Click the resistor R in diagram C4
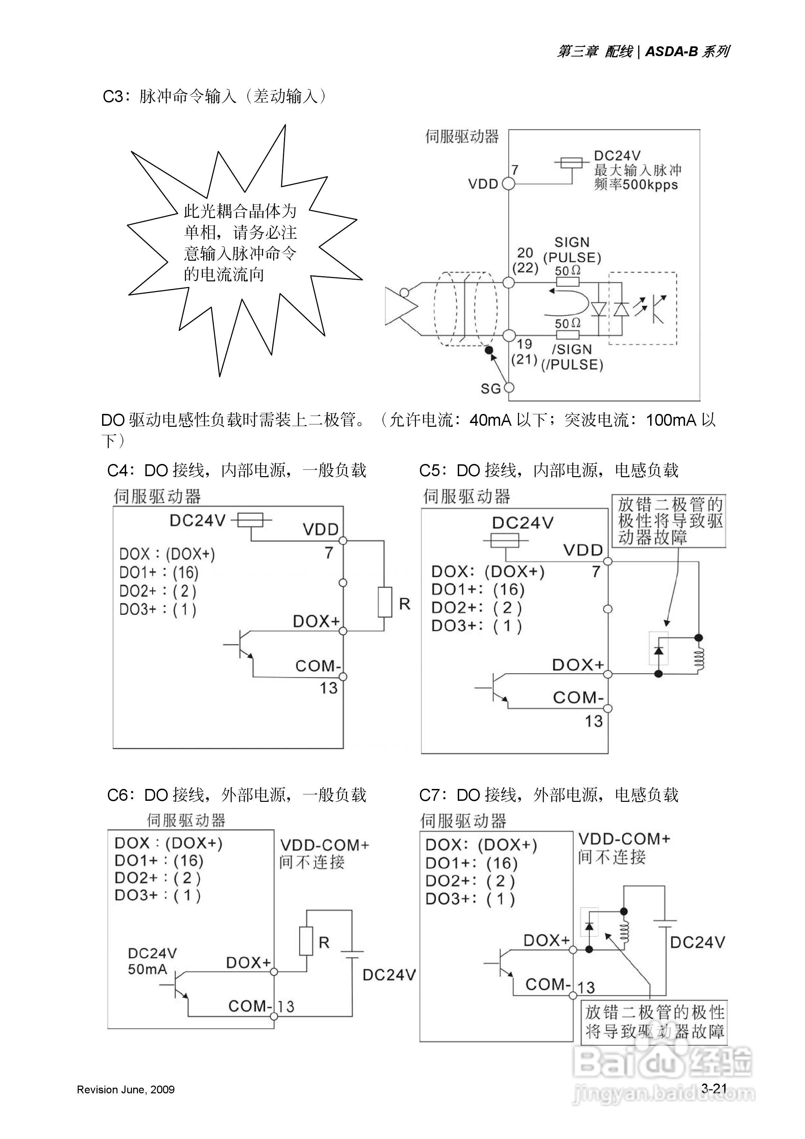[385, 602]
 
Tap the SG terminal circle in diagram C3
[509, 388]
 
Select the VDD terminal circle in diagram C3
[509, 184]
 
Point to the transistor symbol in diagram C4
[243, 645]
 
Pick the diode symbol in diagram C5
[659, 649]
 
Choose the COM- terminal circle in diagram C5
[608, 708]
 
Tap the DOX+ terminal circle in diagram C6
[274, 972]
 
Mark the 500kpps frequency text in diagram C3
[650, 185]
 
